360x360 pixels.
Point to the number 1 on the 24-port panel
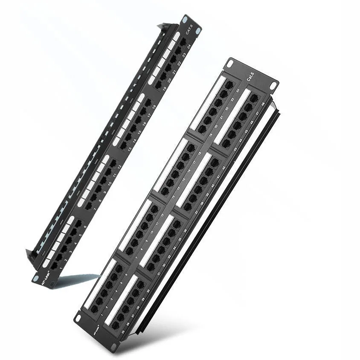(x=60, y=266)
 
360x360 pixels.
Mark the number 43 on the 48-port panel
(x=235, y=149)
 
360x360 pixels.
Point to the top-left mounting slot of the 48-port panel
(x=230, y=64)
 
